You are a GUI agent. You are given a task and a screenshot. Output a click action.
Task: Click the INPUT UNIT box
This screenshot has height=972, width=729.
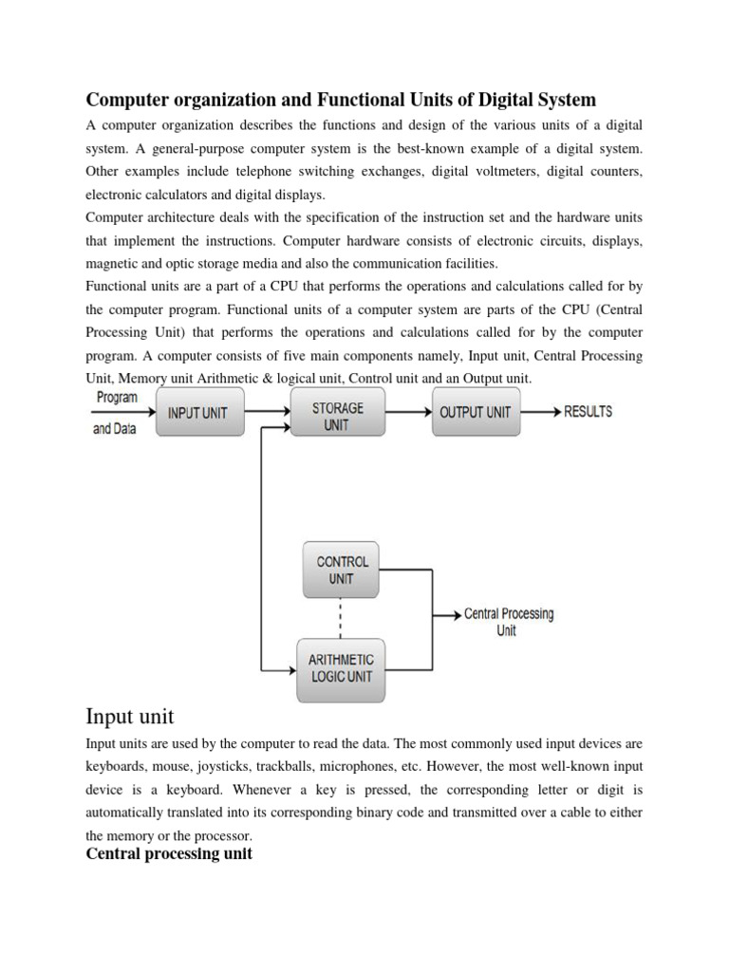(198, 413)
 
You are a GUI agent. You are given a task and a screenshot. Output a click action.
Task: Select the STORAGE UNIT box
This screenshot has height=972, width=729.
(337, 416)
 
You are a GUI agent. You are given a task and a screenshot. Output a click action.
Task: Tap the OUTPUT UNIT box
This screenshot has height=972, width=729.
(476, 413)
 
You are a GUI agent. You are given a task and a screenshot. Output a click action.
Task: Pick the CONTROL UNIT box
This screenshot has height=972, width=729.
(342, 570)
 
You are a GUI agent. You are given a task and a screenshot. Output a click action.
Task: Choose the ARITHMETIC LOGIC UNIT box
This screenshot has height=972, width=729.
(341, 668)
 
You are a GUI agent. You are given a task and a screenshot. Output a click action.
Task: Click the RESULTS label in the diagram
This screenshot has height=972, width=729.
(588, 412)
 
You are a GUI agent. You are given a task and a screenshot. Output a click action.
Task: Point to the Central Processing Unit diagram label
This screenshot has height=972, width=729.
(508, 622)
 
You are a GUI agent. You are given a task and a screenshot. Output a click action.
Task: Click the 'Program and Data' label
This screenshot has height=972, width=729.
(116, 413)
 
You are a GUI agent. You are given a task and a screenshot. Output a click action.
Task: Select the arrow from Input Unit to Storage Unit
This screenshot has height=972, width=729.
(267, 412)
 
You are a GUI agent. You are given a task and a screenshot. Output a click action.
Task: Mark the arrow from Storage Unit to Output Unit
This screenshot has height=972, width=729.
(409, 412)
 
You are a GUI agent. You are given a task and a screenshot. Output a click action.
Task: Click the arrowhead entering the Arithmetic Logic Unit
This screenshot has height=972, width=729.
(290, 672)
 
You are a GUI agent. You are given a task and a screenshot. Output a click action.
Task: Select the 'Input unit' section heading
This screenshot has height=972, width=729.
(129, 715)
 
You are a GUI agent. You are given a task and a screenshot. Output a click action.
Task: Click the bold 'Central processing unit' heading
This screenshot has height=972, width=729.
(169, 854)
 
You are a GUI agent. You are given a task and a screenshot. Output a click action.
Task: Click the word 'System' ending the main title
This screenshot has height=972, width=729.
(568, 100)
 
